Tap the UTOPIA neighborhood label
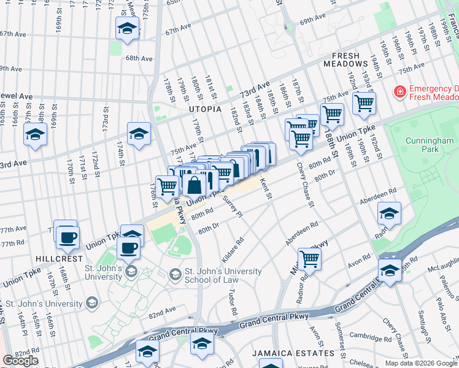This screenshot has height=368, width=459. (x=205, y=109)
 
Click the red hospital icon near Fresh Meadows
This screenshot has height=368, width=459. (x=400, y=91)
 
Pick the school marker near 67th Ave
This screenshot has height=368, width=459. (x=127, y=28)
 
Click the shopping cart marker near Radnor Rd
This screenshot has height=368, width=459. (x=309, y=259)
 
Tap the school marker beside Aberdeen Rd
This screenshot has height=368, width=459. (x=389, y=214)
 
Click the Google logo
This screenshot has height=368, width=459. (x=20, y=361)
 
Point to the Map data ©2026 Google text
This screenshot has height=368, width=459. (x=421, y=363)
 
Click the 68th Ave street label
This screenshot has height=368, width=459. (x=138, y=58)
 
